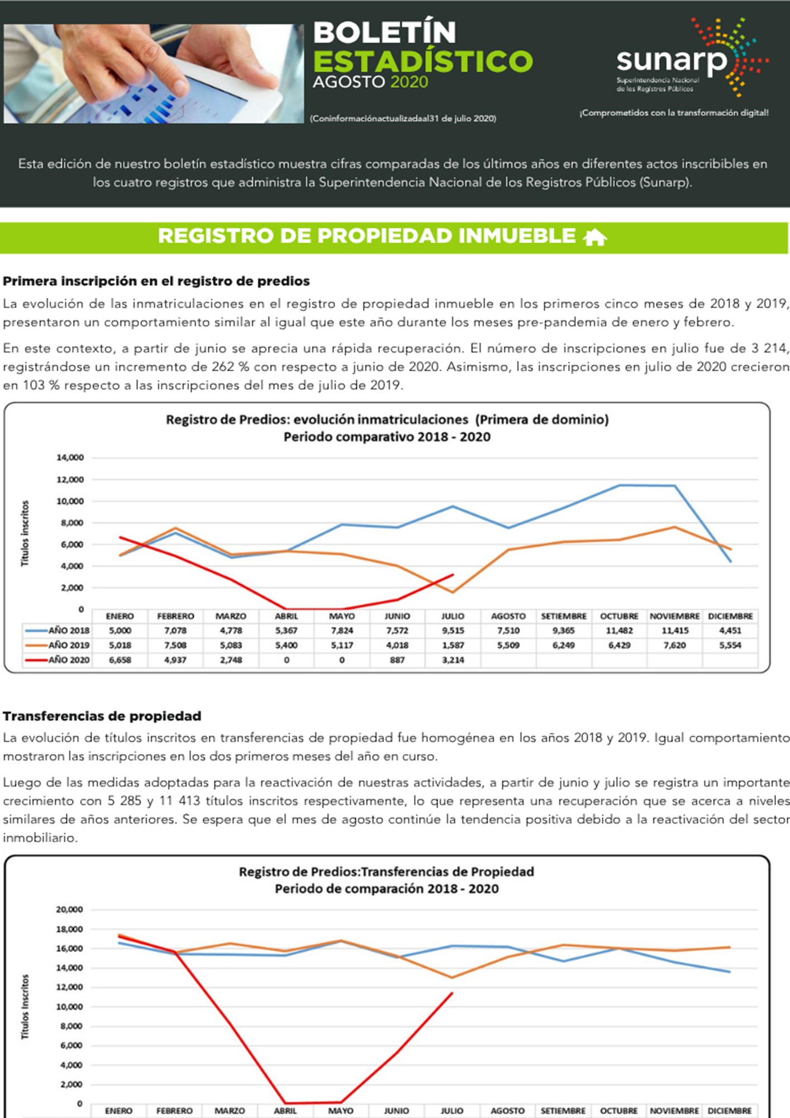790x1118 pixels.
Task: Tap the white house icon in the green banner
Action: pos(594,237)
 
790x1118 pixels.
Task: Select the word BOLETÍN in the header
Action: pos(384,32)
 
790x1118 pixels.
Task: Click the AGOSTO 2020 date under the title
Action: pos(370,82)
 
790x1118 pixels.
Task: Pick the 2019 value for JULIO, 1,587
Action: pos(453,645)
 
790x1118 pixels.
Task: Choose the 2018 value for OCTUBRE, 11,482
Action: pos(619,631)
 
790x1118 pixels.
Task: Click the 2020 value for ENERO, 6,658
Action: pos(120,660)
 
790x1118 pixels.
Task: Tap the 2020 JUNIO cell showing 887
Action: pos(397,660)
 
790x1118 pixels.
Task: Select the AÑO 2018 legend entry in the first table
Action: pos(57,631)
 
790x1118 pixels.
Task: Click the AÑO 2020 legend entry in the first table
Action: pos(57,660)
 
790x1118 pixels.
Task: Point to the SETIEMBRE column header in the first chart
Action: pos(564,616)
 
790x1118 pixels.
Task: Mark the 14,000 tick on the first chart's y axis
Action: pos(70,457)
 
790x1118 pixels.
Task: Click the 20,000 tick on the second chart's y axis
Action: pos(69,909)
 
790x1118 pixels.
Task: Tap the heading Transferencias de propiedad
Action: pos(102,716)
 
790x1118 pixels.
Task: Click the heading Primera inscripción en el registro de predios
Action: pos(156,281)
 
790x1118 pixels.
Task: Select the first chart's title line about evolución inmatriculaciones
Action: pos(387,420)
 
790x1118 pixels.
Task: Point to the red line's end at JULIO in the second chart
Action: pos(452,993)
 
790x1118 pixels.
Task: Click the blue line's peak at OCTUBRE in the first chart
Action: pos(619,485)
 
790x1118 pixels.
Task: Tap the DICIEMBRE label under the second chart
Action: pos(730,1111)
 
